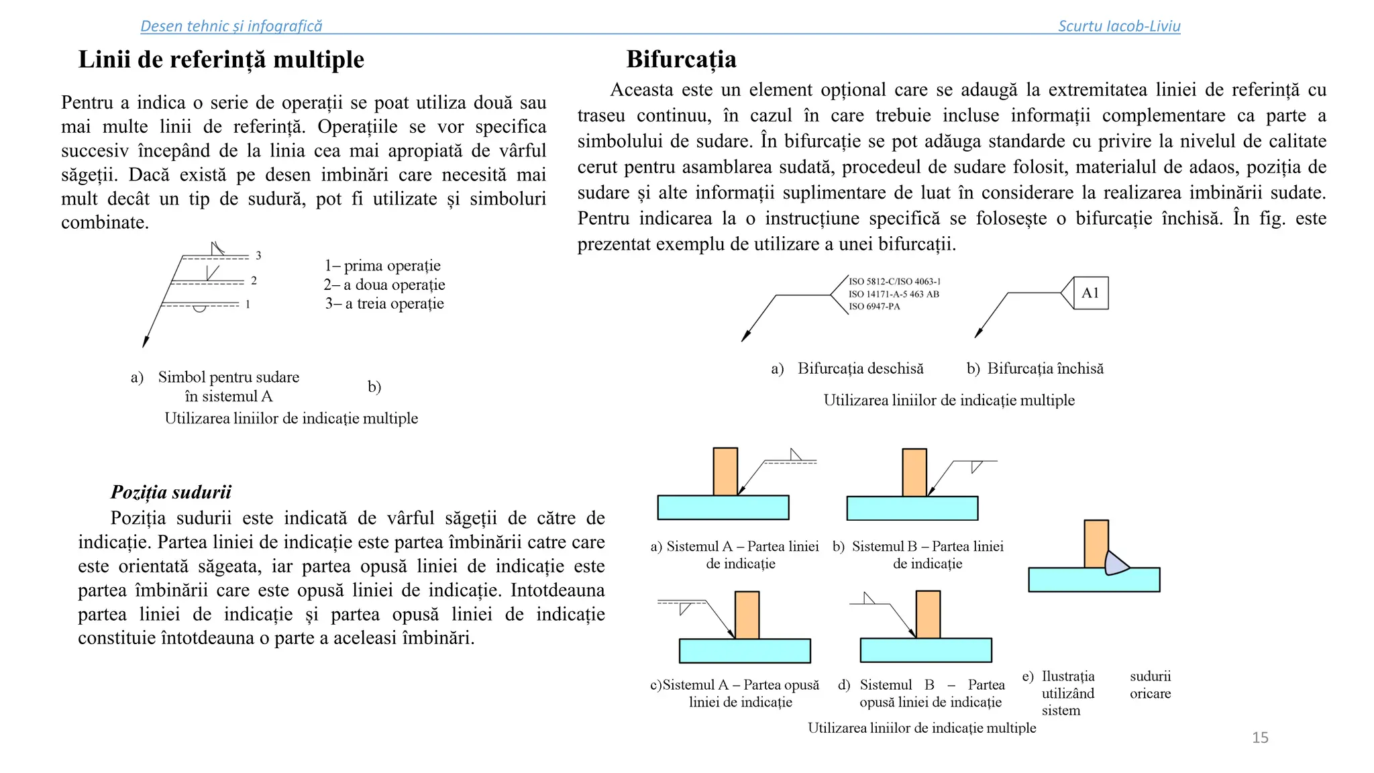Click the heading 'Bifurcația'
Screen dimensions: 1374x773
pyautogui.click(x=681, y=60)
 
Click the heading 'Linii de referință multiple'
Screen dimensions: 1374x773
pyautogui.click(x=221, y=60)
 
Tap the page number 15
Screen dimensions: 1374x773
pyautogui.click(x=1260, y=737)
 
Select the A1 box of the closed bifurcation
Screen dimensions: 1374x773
pyautogui.click(x=1090, y=293)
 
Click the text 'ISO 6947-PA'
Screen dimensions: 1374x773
pyautogui.click(x=874, y=307)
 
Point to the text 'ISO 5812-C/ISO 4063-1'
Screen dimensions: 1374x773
pyautogui.click(x=894, y=282)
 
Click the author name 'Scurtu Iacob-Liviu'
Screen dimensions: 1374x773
pyautogui.click(x=1118, y=26)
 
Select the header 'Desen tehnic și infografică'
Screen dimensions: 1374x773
pyautogui.click(x=231, y=26)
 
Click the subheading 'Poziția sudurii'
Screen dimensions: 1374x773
pyautogui.click(x=170, y=492)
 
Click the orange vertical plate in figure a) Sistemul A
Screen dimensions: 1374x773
pyautogui.click(x=725, y=471)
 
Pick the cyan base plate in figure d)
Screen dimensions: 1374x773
pyautogui.click(x=925, y=650)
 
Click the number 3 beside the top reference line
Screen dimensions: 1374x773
pyautogui.click(x=258, y=256)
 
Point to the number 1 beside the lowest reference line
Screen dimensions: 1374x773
pyautogui.click(x=248, y=305)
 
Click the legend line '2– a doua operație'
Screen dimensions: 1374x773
pyautogui.click(x=384, y=285)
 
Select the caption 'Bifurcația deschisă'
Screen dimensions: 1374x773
pyautogui.click(x=860, y=368)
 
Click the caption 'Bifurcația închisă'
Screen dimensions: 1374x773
pyautogui.click(x=1045, y=368)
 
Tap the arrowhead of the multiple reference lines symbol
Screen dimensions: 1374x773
pyautogui.click(x=145, y=342)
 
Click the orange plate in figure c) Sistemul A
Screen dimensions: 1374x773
pyautogui.click(x=747, y=615)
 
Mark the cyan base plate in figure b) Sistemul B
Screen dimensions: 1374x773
pyautogui.click(x=912, y=508)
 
